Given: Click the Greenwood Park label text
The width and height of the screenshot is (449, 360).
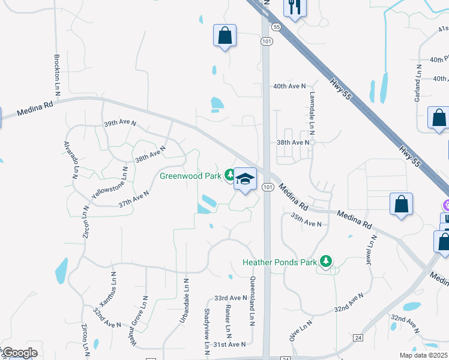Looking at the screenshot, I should point(190,176).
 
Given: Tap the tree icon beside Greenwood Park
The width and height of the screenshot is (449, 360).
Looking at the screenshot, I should point(229,175).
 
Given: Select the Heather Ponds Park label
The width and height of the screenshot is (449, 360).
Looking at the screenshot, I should point(279,262).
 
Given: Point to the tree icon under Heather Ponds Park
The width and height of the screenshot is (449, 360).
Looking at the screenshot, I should point(326,261).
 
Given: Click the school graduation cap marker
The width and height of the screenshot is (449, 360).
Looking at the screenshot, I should point(245,178).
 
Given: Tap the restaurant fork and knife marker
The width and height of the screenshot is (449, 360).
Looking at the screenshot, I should point(294,7).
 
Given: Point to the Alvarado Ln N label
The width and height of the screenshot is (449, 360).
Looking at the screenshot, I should point(71,161).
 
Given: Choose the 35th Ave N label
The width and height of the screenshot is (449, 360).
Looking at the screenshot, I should point(306,220).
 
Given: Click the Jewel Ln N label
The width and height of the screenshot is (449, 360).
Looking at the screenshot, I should point(371,251).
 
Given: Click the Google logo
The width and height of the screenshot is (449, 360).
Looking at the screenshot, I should point(20,353).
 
